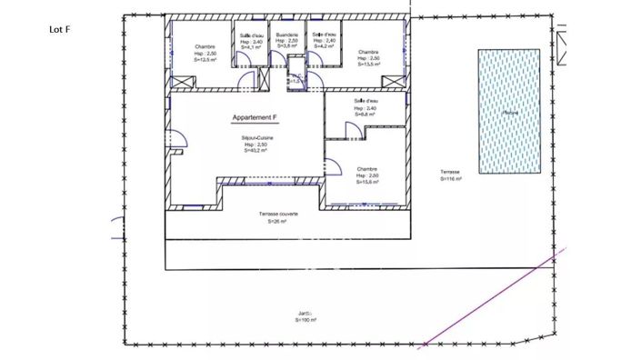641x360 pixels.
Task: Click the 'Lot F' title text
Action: (59, 29)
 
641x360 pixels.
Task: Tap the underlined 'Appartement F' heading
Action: (255, 118)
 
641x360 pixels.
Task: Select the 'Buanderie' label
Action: (287, 35)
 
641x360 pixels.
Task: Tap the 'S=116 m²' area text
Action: (451, 179)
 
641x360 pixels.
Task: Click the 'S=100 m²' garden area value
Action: (305, 320)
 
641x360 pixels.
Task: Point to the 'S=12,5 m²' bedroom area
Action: (205, 60)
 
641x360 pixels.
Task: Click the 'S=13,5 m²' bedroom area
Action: (368, 65)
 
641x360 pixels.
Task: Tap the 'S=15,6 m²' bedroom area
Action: (367, 182)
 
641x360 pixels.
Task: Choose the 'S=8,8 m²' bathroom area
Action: (366, 115)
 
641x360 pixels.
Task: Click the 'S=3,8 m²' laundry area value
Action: (287, 48)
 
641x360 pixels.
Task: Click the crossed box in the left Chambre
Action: (183, 82)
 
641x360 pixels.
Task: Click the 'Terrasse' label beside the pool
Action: (450, 173)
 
